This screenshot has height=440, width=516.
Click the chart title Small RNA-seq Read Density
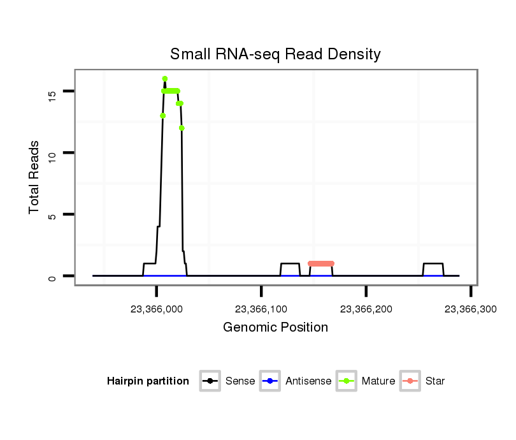point(275,54)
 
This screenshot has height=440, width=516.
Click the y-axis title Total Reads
point(34,177)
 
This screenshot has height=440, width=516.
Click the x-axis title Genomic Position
point(275,328)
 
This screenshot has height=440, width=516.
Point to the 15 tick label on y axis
point(53,92)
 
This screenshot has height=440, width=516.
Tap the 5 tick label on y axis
point(53,215)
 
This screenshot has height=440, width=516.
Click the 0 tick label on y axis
point(53,276)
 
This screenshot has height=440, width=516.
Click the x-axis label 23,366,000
point(156,309)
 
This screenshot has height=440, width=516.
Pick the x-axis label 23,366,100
point(261,309)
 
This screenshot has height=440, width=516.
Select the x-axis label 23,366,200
point(366,309)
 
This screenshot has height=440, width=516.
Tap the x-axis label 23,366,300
point(470,309)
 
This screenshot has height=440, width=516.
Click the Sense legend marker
point(210,381)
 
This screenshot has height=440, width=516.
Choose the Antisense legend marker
point(271,381)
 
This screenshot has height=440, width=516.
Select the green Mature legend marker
point(347,381)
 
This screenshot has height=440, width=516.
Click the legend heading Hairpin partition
point(148,381)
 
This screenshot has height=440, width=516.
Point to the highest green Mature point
point(165,78)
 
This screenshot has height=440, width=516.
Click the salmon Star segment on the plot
point(321,263)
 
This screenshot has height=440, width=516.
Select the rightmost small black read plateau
point(433,263)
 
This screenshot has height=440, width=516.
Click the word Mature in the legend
point(378,381)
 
